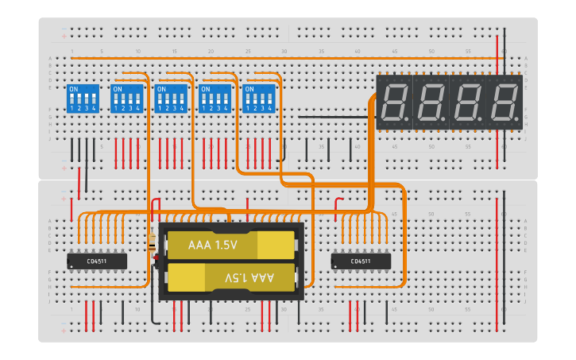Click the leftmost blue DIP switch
83,99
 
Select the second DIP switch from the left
126,99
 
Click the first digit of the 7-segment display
394,103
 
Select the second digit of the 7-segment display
431,103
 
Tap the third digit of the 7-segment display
467,103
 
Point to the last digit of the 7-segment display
504,103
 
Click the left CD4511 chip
96,261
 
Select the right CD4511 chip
361,261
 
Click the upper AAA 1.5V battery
230,246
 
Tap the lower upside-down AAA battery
230,277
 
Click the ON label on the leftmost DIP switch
73,89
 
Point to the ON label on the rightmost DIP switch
249,89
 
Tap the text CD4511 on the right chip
361,261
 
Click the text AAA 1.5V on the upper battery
213,246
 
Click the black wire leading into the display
334,117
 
